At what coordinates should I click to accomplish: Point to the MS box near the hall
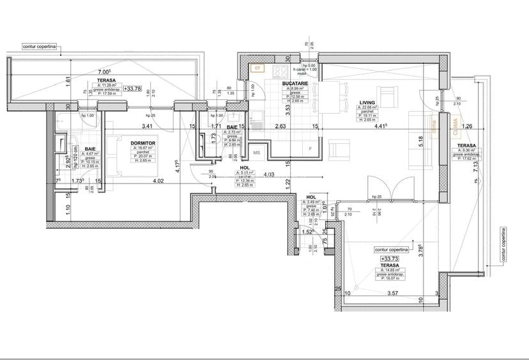click(257, 153)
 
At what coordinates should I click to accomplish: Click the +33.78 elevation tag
click(134, 90)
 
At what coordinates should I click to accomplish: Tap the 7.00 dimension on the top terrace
click(104, 72)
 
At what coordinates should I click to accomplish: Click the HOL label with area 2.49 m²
click(311, 198)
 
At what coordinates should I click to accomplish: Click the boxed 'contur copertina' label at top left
click(40, 47)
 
